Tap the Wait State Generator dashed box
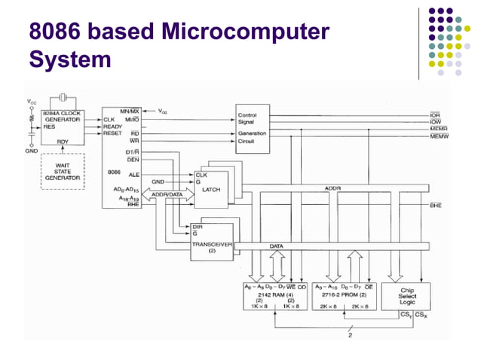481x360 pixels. pyautogui.click(x=63, y=172)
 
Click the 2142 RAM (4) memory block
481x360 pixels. pyautogui.click(x=274, y=297)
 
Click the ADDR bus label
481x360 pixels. pyautogui.click(x=332, y=188)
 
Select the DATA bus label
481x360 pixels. pyautogui.click(x=277, y=246)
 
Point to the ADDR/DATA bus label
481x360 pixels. pyautogui.click(x=167, y=194)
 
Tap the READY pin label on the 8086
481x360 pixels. pyautogui.click(x=113, y=127)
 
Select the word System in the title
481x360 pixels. pyautogui.click(x=69, y=59)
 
